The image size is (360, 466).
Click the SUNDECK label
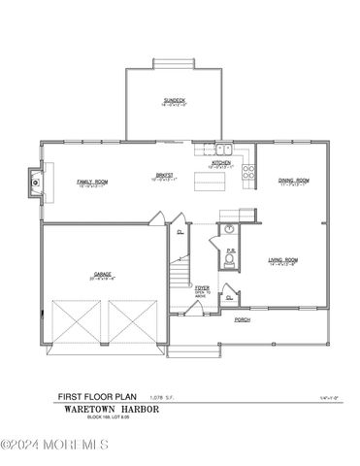175,100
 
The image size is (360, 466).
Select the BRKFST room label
161,176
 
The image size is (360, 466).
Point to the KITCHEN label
221,162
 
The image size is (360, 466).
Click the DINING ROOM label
293,180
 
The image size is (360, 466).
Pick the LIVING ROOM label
282,259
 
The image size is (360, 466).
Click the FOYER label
202,287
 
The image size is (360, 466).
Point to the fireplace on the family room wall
36,180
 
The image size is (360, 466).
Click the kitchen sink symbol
220,150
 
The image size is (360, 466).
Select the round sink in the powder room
230,230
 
